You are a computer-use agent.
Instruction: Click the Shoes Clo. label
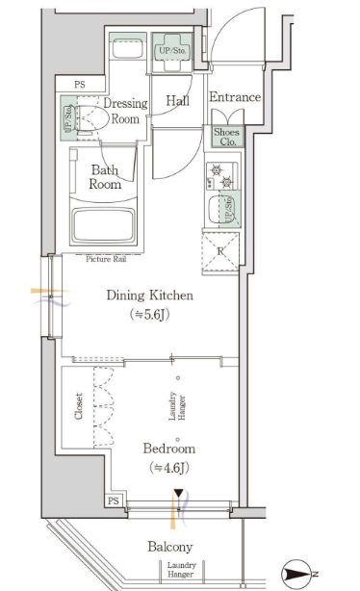pyautogui.click(x=226, y=137)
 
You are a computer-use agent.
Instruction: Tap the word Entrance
pyautogui.click(x=235, y=97)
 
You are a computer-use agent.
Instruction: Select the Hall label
pyautogui.click(x=177, y=101)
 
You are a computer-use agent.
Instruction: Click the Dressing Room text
pyautogui.click(x=125, y=111)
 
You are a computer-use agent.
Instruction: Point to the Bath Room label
pyautogui.click(x=105, y=177)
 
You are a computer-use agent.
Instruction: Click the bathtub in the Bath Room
pyautogui.click(x=104, y=226)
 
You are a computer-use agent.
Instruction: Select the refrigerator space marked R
pyautogui.click(x=220, y=252)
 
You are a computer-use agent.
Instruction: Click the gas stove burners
pyautogui.click(x=221, y=176)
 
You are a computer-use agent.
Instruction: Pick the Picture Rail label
pyautogui.click(x=106, y=259)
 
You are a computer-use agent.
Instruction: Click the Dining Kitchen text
pyautogui.click(x=149, y=295)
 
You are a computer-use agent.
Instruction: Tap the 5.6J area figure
pyautogui.click(x=149, y=314)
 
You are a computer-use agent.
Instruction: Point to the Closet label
pyautogui.click(x=78, y=406)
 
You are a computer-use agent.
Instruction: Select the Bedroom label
pyautogui.click(x=169, y=449)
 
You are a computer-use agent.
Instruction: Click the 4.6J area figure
pyautogui.click(x=169, y=468)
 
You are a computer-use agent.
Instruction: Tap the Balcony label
pyautogui.click(x=170, y=547)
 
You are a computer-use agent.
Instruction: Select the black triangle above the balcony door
pyautogui.click(x=178, y=494)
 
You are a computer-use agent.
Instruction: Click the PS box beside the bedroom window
pyautogui.click(x=114, y=501)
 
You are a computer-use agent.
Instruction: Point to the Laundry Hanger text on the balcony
pyautogui.click(x=181, y=570)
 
